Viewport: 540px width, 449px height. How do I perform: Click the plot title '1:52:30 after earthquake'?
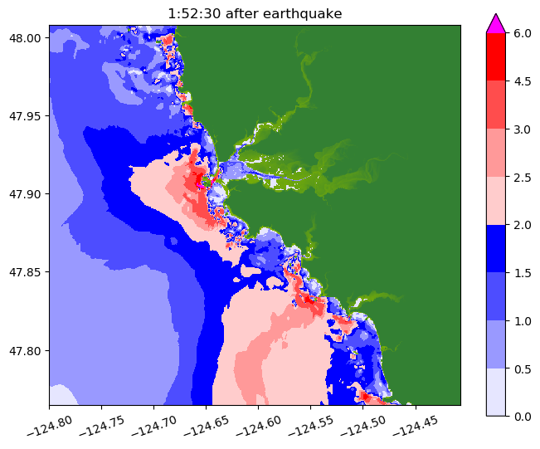(x=254, y=13)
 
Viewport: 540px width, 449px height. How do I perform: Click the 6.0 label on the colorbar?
(x=522, y=33)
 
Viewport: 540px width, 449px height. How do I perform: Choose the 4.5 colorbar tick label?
(x=522, y=81)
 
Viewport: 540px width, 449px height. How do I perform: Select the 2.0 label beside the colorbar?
(x=522, y=225)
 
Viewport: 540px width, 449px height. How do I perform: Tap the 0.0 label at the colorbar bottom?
(x=522, y=416)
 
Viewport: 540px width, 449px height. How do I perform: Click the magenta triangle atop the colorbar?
(x=496, y=24)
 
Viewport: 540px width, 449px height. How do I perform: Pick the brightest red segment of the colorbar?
(x=496, y=57)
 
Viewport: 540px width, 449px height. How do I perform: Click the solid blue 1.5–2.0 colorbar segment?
(x=496, y=248)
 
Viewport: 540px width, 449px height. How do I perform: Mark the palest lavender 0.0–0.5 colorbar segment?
(x=496, y=392)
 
